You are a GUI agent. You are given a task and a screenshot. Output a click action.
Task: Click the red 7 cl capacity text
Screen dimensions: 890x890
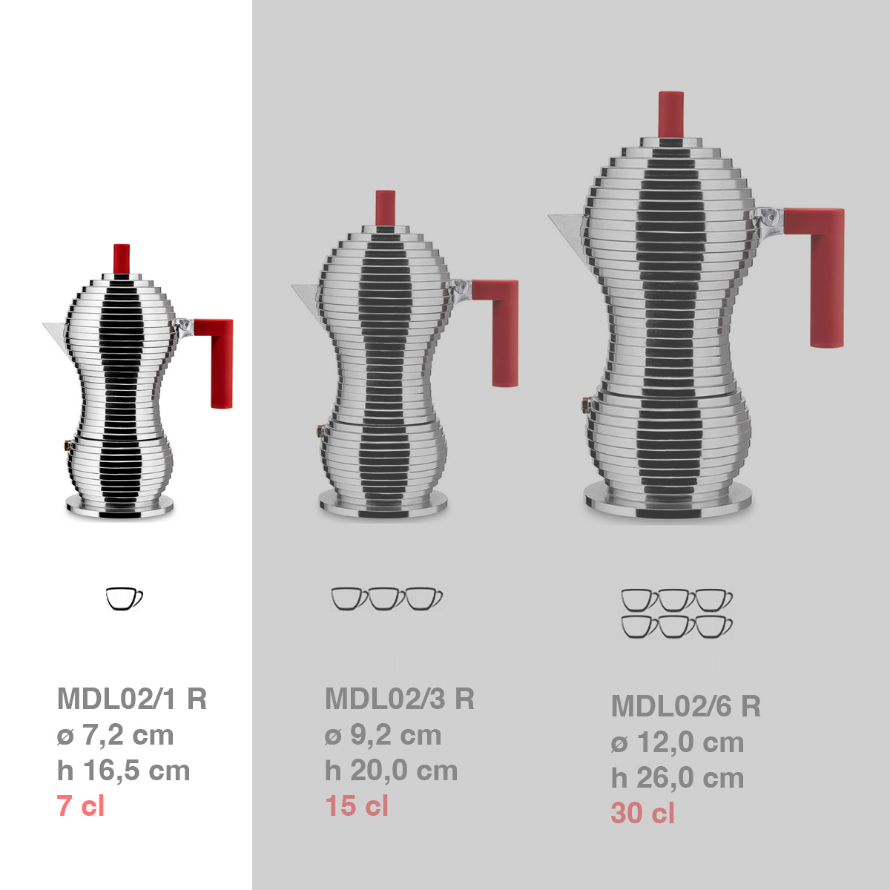point(81,806)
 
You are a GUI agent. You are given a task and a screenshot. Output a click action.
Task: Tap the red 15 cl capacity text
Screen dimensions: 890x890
point(357,806)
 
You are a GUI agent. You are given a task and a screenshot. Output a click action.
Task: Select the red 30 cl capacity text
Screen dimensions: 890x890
point(643,814)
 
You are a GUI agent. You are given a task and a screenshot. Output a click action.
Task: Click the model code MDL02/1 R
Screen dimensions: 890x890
point(132,699)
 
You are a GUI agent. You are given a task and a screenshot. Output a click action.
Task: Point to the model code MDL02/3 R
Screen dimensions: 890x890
point(400,699)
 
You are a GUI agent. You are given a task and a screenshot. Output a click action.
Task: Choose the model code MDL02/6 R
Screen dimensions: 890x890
point(686,706)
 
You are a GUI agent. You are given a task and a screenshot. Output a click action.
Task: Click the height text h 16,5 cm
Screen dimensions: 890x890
point(123,771)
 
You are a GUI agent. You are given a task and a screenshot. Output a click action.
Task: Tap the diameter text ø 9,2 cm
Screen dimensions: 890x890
point(383,735)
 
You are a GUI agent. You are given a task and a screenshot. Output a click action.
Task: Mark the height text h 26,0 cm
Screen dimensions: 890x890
point(678,778)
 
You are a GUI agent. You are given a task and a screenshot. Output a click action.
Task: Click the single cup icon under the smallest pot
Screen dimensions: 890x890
point(124,599)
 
